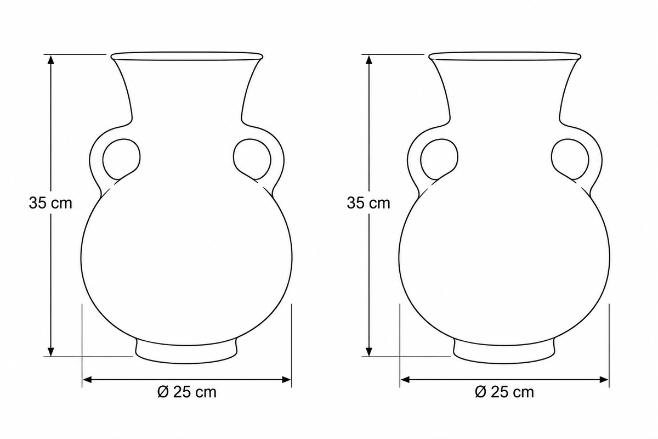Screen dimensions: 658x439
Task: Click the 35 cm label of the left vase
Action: click(x=50, y=203)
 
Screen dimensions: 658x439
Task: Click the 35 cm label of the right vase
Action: click(x=368, y=203)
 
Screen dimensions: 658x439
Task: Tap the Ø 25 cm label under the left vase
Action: click(x=187, y=392)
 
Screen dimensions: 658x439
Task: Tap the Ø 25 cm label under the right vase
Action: click(x=504, y=392)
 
